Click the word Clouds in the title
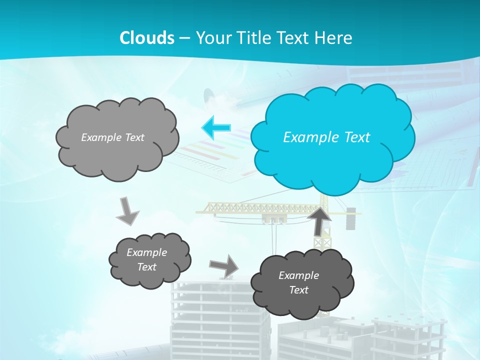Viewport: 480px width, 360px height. click(146, 38)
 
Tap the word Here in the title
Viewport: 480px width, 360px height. click(334, 38)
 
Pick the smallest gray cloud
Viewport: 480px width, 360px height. click(149, 260)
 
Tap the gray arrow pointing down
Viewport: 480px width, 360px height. click(128, 210)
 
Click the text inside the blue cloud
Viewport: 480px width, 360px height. click(326, 137)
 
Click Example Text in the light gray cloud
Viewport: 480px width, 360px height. click(112, 137)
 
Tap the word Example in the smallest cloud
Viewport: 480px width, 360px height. click(146, 252)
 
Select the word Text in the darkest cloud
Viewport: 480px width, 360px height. click(298, 290)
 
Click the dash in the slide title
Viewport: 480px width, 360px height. click(185, 38)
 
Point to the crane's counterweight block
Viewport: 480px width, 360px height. click(350, 218)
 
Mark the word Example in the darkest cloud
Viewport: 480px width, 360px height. click(298, 275)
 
